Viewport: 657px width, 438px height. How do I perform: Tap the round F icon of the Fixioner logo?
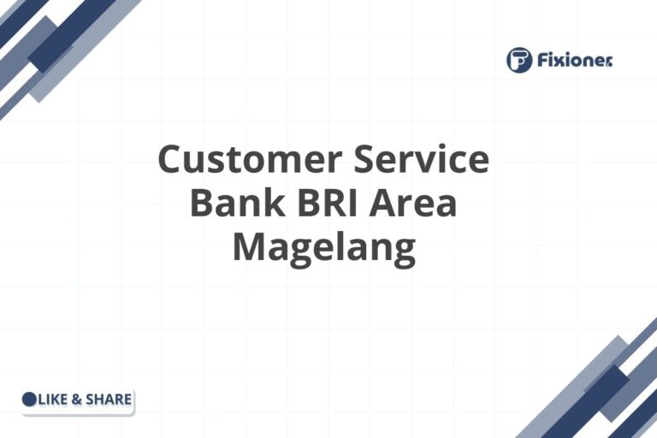point(519,60)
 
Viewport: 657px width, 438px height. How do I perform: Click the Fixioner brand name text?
point(576,60)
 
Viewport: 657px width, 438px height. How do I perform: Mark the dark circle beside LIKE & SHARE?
point(29,399)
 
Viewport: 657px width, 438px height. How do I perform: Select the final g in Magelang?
point(403,252)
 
